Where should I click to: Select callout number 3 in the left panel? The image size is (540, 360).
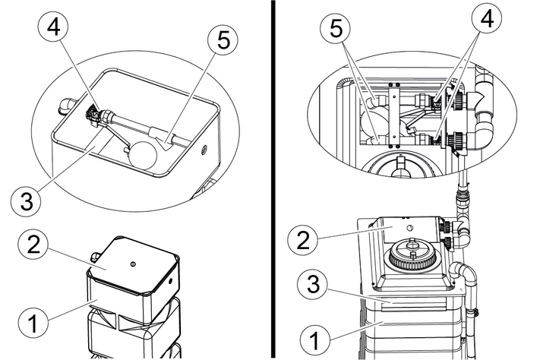point(27,202)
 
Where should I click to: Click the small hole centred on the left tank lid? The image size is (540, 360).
point(133,264)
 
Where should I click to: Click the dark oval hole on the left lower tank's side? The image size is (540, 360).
point(170,280)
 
